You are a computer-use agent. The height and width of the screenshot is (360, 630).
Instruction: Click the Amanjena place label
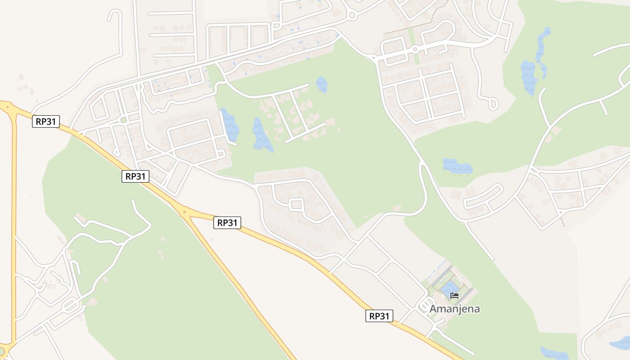[454, 309]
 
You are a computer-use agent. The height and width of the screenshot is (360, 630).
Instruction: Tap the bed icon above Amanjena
[454, 296]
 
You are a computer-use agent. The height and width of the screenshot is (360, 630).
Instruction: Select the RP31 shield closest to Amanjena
[379, 316]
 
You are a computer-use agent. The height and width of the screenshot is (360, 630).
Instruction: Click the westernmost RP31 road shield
[46, 121]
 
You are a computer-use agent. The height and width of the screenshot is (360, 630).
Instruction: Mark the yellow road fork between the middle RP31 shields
[184, 211]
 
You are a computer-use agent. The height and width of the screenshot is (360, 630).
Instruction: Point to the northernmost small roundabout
[352, 15]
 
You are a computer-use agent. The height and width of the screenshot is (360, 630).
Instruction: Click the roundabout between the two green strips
[414, 49]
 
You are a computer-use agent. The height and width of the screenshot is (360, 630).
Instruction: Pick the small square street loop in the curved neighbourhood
[296, 205]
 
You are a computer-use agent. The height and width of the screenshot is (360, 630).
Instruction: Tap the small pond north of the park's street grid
[322, 84]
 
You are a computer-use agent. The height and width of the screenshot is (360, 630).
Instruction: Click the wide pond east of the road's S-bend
[457, 166]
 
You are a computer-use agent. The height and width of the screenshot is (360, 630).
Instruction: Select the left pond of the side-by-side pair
[229, 125]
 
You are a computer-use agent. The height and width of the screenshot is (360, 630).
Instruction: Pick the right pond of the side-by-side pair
[262, 135]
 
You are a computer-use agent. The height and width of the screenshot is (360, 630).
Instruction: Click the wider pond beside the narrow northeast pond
[528, 76]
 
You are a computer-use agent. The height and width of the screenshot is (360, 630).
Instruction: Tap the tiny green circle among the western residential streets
[123, 120]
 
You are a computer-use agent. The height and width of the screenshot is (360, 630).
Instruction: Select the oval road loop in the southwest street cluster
[71, 306]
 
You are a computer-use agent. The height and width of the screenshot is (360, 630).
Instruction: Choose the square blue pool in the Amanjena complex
[450, 288]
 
